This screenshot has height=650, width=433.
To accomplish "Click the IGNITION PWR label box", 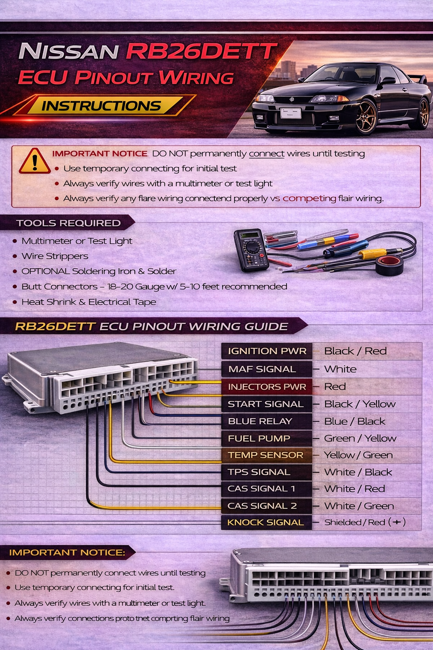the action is click(x=267, y=351).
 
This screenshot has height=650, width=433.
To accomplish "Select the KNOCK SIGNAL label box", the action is click(x=266, y=523).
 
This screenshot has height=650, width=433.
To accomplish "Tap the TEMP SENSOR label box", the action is click(x=266, y=455).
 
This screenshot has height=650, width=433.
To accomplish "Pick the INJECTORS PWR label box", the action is click(x=266, y=387).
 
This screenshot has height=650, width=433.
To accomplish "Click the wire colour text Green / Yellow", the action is click(x=360, y=438).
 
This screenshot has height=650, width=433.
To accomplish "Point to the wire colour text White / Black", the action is click(x=358, y=472).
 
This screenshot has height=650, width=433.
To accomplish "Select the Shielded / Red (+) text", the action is click(x=364, y=522).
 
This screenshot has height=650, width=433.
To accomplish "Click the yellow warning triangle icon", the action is click(x=35, y=162).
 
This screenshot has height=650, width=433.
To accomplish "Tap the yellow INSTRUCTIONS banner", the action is click(x=101, y=106).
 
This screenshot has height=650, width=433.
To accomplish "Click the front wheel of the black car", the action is click(x=366, y=117).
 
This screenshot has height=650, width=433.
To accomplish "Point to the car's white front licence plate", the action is click(x=291, y=113).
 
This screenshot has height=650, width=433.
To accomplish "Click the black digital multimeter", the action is click(x=251, y=250).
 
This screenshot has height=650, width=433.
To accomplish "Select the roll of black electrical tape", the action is click(x=389, y=266).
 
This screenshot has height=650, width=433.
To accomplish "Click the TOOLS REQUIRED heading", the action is click(x=69, y=223).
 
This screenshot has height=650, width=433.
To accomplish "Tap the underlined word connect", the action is click(x=266, y=154).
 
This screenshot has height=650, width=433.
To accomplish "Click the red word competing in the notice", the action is click(x=309, y=198).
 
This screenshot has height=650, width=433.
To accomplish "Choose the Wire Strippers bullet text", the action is click(x=55, y=256).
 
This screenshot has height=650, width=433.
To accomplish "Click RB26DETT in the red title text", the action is click(x=202, y=52).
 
